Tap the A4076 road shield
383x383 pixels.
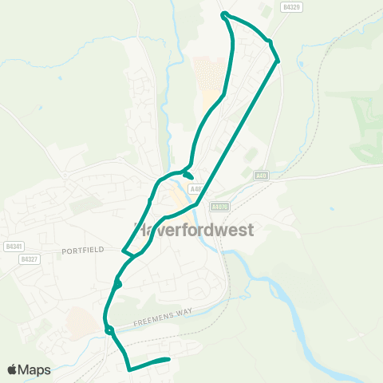[x=220, y=206]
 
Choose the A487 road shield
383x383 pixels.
[x=196, y=188]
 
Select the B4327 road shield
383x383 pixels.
[x=29, y=259]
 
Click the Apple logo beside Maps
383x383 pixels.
[x=14, y=369]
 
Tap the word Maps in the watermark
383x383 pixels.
[x=35, y=369]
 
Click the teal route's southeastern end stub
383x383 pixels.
[x=168, y=360]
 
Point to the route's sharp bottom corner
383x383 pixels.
[x=129, y=369]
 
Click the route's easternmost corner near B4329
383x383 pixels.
[x=278, y=61]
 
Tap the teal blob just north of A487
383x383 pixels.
[x=188, y=176]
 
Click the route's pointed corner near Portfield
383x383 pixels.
[x=123, y=251]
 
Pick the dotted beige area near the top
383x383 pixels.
[x=211, y=76]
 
